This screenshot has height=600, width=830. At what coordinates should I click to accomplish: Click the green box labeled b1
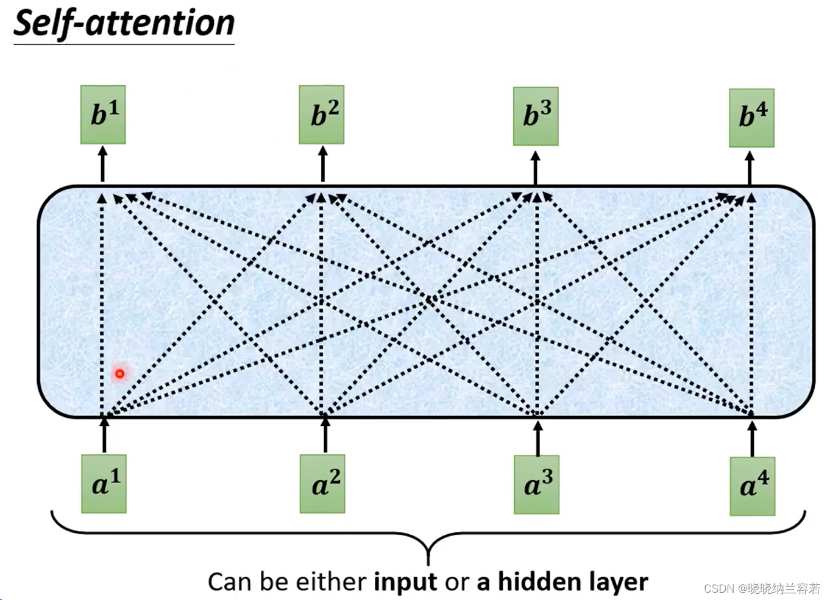pos(103,115)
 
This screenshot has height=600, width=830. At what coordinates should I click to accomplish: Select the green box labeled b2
pos(322,115)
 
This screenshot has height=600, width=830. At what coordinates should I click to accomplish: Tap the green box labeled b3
pos(536,116)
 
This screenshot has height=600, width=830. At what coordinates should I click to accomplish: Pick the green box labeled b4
pos(751,118)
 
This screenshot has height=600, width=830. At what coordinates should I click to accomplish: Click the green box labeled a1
pos(104,484)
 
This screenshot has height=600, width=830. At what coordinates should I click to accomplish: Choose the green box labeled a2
pos(322,484)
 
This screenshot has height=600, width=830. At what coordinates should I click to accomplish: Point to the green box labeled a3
pos(536,484)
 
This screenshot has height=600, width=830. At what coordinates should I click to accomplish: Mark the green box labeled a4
pos(753,486)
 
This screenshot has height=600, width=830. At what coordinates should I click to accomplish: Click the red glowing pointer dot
pos(120,373)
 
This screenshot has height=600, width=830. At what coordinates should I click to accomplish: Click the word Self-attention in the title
pos(124,24)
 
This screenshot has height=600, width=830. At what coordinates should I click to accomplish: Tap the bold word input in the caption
pos(405,582)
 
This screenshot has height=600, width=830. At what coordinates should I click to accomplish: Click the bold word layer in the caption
pos(617,582)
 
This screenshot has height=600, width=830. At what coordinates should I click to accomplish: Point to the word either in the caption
pos(331,582)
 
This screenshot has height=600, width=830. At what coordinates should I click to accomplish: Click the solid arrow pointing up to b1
pos(102,164)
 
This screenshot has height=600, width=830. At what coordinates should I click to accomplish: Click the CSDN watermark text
pos(762,588)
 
